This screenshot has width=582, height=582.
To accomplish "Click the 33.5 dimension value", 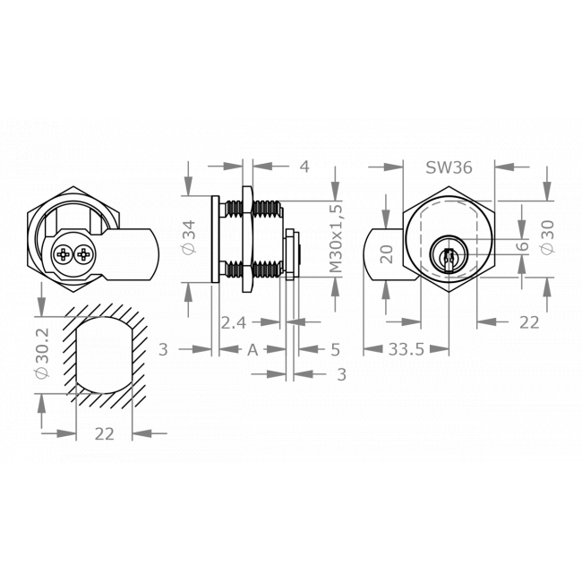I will click(406, 349).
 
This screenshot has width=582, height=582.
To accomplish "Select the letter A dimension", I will click(252, 349).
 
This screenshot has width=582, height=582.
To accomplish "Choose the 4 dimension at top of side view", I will click(304, 167).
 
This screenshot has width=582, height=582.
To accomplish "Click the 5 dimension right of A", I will click(335, 349).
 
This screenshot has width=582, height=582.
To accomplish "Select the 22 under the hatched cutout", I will click(105, 433).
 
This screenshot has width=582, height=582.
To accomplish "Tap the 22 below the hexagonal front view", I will click(528, 323).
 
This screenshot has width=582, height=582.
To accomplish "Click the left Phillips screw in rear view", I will click(63, 255).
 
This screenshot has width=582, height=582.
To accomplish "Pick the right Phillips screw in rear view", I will click(83, 255).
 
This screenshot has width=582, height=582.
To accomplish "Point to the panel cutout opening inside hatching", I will click(105, 354).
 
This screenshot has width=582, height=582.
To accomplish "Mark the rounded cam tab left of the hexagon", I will click(383, 254).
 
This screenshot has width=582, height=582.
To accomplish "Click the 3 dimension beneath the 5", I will click(340, 374).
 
